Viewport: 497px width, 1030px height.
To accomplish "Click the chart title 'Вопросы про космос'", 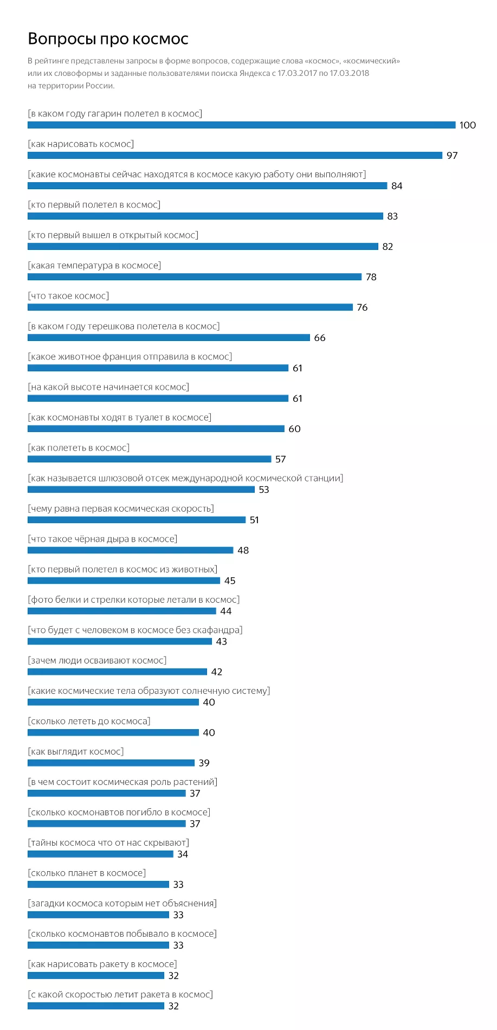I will [x=108, y=39].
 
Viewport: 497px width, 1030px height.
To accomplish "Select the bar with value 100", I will [x=241, y=125].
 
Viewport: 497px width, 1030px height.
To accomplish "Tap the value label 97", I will [x=452, y=156].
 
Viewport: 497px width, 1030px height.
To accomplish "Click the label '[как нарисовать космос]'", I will [x=81, y=144].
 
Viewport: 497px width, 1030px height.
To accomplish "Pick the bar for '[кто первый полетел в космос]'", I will [x=205, y=216].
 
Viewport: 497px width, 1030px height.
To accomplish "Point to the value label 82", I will [x=388, y=247].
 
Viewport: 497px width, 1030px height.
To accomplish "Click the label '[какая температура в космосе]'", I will [x=94, y=266].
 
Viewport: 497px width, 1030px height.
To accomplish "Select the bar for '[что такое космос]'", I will [x=190, y=307].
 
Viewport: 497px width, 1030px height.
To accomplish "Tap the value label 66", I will [x=320, y=338].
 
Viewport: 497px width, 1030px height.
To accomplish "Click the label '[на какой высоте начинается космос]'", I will [x=108, y=387].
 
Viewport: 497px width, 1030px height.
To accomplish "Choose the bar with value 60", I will [x=156, y=429].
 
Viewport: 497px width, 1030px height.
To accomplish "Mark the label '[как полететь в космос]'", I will [x=79, y=448].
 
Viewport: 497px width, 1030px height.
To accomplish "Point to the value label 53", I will [x=264, y=490].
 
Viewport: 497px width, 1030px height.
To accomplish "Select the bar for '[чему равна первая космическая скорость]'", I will [x=136, y=520].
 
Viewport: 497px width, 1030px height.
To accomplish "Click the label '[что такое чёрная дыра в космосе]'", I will [x=102, y=539].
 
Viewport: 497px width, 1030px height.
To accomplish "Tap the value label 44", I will [x=226, y=611].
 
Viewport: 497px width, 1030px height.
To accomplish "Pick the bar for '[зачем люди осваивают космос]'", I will [x=117, y=672].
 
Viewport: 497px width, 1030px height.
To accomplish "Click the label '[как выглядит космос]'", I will [x=76, y=751].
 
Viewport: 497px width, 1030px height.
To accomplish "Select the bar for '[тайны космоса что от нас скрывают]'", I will [x=100, y=854].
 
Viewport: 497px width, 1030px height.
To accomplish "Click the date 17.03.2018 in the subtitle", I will [x=350, y=73].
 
